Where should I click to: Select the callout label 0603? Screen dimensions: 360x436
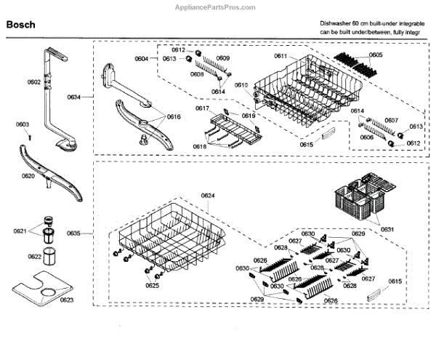click(x=23, y=125)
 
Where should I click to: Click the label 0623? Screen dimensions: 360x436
click(x=67, y=300)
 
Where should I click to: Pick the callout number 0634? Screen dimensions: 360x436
click(x=75, y=96)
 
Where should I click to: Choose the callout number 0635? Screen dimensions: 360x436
click(x=75, y=233)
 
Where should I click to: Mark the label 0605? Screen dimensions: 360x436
click(x=375, y=55)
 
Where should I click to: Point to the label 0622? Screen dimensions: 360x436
click(x=35, y=257)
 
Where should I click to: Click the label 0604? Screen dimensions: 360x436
click(x=142, y=57)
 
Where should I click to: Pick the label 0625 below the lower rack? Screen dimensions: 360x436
click(x=151, y=286)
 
